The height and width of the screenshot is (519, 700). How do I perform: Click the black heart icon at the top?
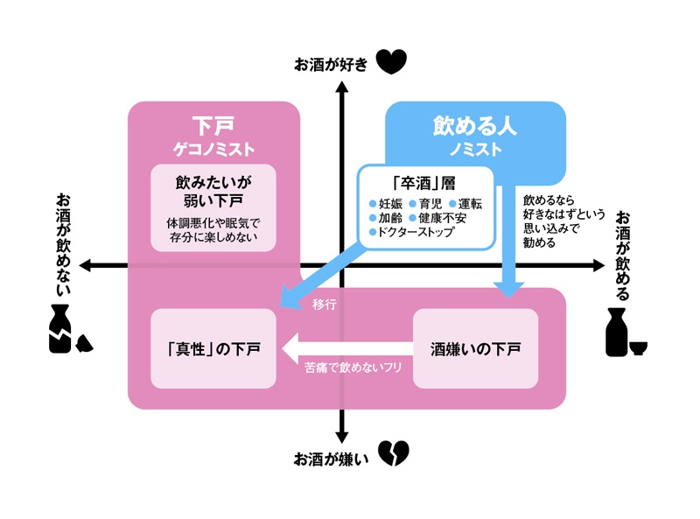click(391, 62)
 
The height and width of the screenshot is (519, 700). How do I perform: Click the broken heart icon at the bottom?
click(395, 452)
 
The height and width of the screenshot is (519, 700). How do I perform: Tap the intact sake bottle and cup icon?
click(626, 333)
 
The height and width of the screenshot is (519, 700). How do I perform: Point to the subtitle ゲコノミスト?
click(213, 148)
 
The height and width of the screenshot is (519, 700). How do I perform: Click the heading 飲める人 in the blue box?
click(475, 125)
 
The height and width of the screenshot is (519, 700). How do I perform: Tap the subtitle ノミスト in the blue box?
click(475, 149)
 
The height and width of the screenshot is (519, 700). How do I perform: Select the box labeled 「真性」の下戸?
click(213, 348)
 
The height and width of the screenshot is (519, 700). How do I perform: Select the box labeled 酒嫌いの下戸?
click(476, 348)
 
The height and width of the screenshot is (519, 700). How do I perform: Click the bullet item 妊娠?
click(387, 203)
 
